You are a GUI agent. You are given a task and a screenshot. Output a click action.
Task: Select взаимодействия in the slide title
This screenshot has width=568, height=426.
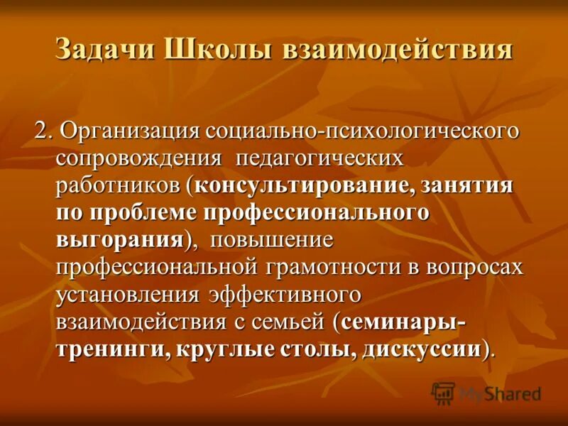398,51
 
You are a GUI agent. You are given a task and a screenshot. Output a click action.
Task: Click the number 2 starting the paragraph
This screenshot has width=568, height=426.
41,132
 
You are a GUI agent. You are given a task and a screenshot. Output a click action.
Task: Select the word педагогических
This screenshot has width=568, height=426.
319,159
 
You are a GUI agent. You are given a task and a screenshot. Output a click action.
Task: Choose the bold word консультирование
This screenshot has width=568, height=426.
302,186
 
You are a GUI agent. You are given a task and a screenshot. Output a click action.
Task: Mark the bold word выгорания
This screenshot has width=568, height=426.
119,239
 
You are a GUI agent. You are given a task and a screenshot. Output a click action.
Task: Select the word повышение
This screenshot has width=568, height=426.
271,239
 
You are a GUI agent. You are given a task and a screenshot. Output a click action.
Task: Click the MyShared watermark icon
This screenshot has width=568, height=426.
443,393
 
